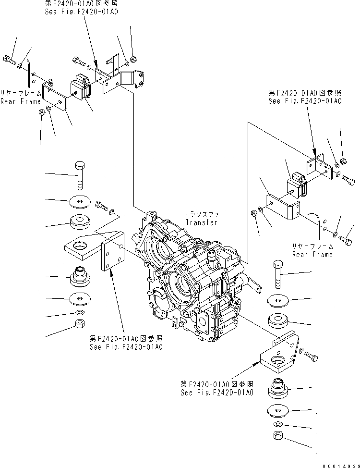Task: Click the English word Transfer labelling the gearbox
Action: coord(201,222)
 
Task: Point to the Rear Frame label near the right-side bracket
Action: coord(312,254)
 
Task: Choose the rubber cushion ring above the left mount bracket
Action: coord(80,222)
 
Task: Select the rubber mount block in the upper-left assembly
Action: coord(81,87)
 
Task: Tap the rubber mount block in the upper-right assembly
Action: coord(296,185)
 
